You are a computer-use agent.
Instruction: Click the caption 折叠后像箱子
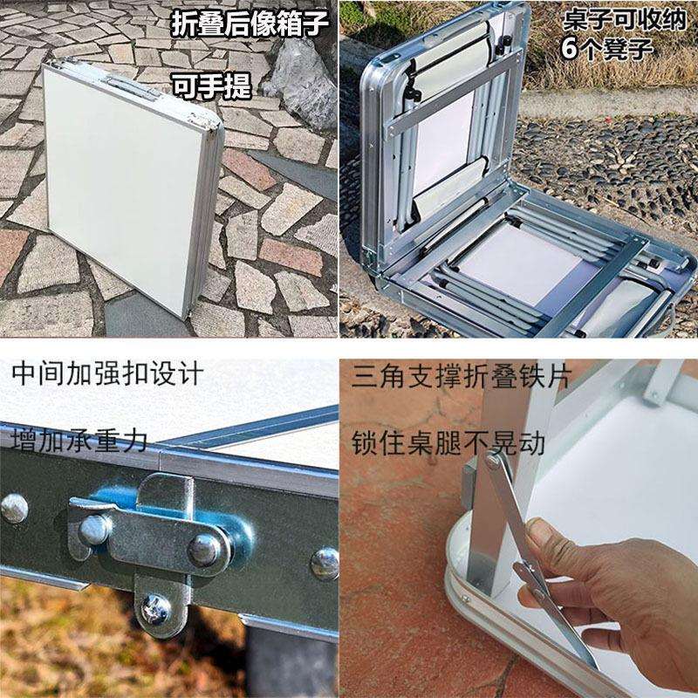[x=250, y=24]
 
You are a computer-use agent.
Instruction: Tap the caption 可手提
[x=211, y=86]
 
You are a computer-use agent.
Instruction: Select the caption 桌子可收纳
[x=624, y=20]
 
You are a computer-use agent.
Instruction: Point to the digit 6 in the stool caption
[x=570, y=48]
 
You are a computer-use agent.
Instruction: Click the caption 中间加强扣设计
[x=107, y=373]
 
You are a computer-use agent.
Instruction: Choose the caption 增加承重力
[x=79, y=441]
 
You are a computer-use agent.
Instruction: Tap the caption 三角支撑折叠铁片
[x=461, y=377]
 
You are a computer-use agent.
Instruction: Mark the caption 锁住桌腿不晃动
[x=448, y=443]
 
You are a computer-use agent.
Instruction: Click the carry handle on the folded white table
[x=132, y=88]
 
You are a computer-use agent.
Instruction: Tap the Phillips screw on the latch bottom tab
[x=155, y=609]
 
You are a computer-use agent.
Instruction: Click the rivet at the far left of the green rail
[x=14, y=508]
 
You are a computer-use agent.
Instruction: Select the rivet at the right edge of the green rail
[x=325, y=564]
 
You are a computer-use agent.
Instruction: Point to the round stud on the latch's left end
[x=93, y=530]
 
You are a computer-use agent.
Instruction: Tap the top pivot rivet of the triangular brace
[x=492, y=461]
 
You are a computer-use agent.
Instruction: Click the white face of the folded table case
[x=121, y=187]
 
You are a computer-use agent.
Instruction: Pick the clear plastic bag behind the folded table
[x=303, y=84]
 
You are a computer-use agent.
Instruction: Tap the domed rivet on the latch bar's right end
[x=205, y=551]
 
